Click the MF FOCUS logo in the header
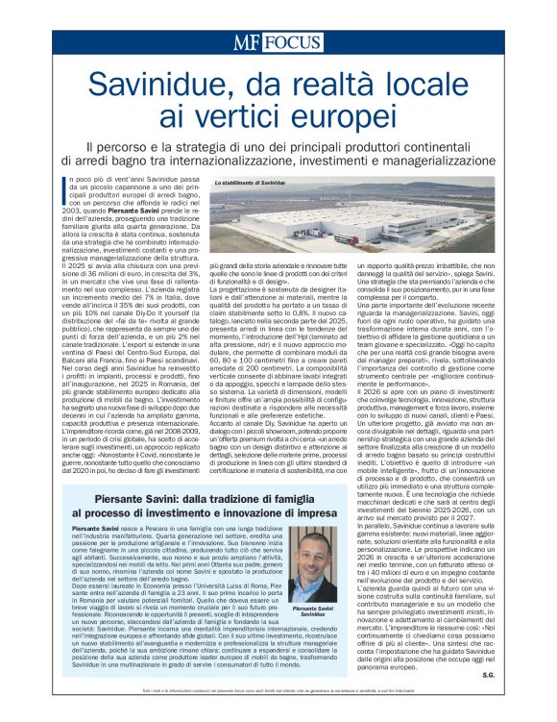[278, 43]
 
